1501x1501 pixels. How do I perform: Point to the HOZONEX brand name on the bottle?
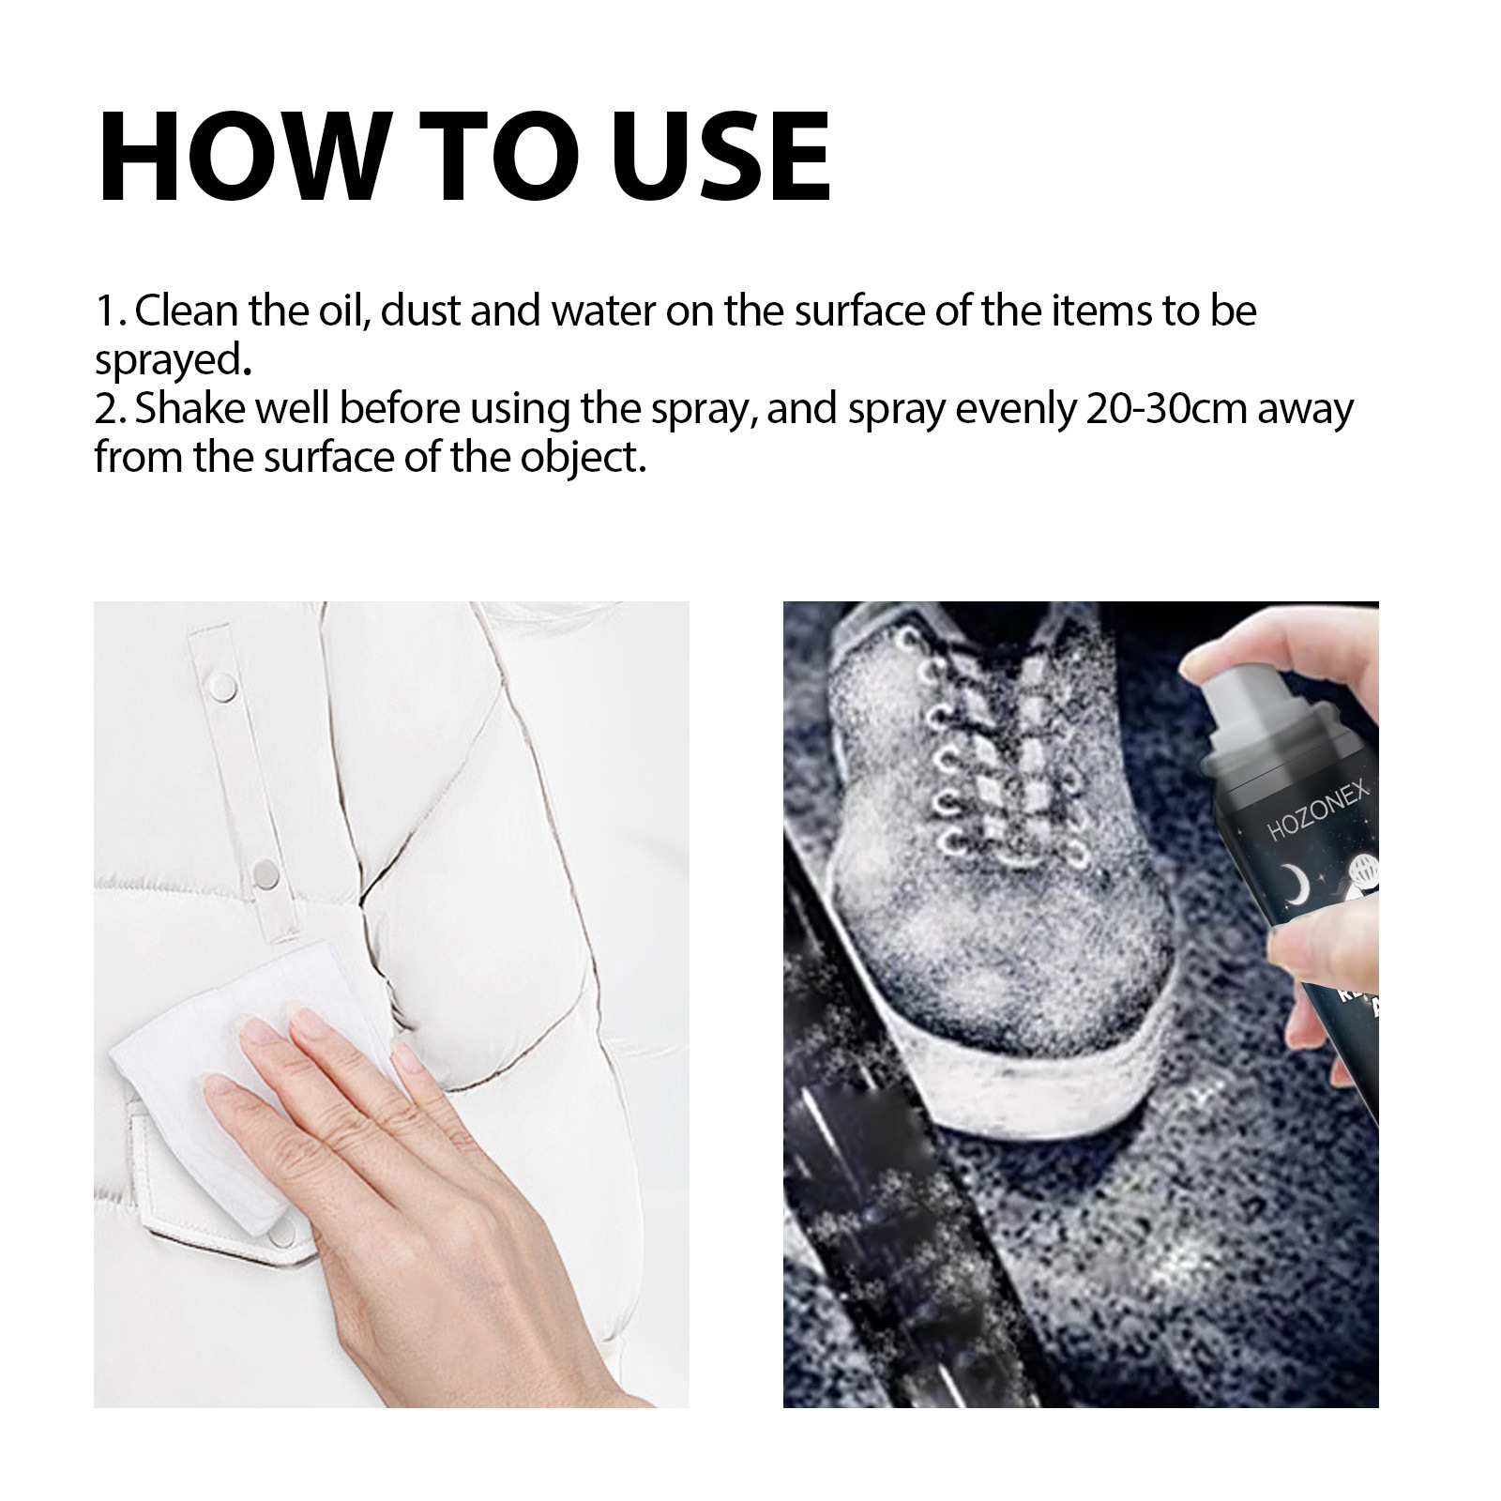(1318, 814)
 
